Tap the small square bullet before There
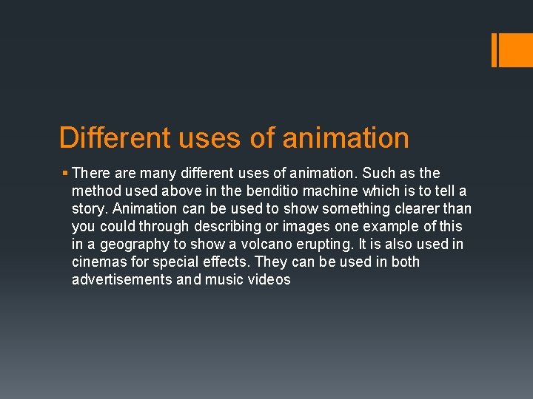point(65,174)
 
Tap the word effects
point(228,262)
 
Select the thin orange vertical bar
point(495,50)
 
